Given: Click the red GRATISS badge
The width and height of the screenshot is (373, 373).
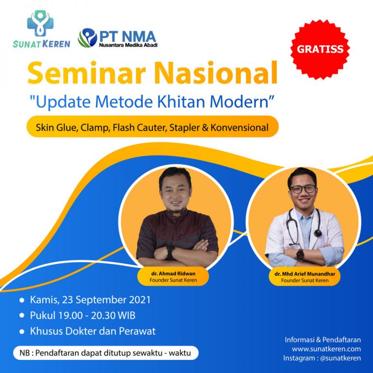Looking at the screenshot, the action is tap(320, 49).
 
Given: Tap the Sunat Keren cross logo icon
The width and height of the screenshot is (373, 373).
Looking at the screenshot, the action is tap(40, 23).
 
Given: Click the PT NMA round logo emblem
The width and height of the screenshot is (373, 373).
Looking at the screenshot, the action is tap(87, 38).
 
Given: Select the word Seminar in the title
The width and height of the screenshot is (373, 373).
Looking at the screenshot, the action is tap(86, 73).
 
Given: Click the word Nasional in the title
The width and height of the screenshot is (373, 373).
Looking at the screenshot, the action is tap(216, 73).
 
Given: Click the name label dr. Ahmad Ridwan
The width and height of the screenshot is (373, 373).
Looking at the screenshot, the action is tap(173, 273).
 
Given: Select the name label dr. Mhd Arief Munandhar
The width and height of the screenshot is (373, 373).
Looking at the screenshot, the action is tap(305, 274).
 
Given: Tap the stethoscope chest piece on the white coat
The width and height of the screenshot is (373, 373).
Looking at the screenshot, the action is tap(318, 233).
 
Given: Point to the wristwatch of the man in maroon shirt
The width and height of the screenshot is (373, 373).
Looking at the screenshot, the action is tap(170, 252).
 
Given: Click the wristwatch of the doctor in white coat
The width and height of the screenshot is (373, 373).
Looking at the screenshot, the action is tap(300, 255).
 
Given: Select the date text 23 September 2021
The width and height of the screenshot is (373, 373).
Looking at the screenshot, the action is tap(106, 300).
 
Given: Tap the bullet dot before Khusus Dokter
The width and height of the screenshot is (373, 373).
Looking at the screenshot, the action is tap(22, 332).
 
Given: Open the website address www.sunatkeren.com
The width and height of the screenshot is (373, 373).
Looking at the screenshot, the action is tap(326, 349).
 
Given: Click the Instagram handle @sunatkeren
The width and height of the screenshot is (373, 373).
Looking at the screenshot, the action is tap(340, 358).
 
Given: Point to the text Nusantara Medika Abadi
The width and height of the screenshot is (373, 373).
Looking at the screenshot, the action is tap(128, 45).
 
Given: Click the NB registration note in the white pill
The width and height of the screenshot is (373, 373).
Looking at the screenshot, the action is tap(105, 353).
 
